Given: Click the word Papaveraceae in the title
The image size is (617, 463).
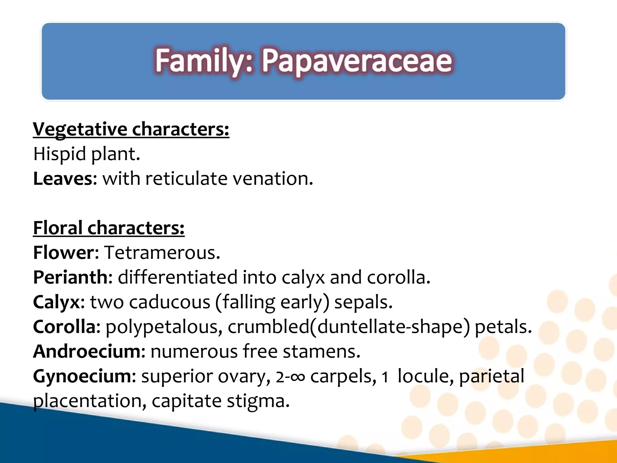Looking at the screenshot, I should [357, 61].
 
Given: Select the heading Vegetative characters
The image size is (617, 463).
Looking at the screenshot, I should [131, 129].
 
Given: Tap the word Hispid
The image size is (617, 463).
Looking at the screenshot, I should [59, 154].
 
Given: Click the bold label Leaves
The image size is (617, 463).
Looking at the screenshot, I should [63, 179].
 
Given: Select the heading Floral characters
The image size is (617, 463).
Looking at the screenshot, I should [108, 228].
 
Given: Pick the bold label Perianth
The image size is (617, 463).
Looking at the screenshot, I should [70, 277].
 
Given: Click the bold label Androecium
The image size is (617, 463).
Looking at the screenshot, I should [87, 351].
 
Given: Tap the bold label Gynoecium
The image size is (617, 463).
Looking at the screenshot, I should [82, 376].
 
